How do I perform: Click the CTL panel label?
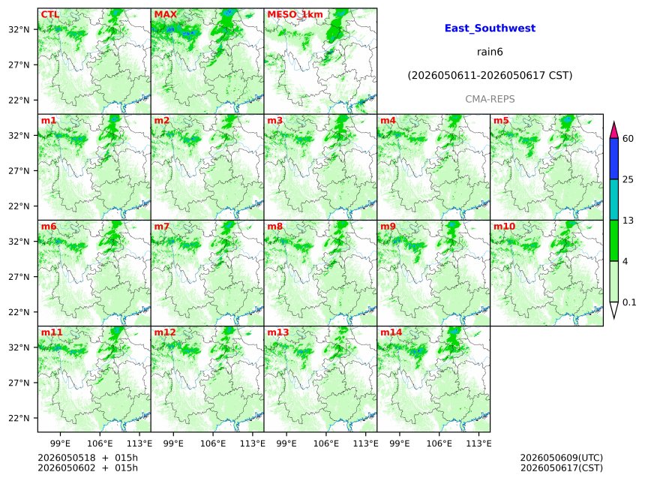pos(49,14)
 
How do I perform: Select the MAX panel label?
pos(165,14)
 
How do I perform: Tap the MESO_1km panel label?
pos(295,15)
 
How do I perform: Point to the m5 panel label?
pos(501,121)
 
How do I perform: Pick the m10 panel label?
pos(504,227)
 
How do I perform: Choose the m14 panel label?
pos(391,332)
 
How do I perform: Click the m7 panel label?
pos(162,227)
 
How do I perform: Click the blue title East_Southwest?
pos(490,29)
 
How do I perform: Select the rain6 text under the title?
pos(490,52)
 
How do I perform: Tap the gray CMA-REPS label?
pos(490,99)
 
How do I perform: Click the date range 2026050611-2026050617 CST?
pos(490,76)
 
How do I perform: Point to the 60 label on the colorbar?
pos(628,139)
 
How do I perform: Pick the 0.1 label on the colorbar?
pos(629,302)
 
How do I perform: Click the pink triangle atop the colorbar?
pos(614,130)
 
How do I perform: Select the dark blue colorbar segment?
pos(614,159)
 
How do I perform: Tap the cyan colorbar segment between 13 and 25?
pos(614,200)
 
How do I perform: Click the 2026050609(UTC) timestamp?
pos(562,458)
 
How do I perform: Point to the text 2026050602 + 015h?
pos(88,468)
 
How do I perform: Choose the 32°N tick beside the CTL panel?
pos(19,29)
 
